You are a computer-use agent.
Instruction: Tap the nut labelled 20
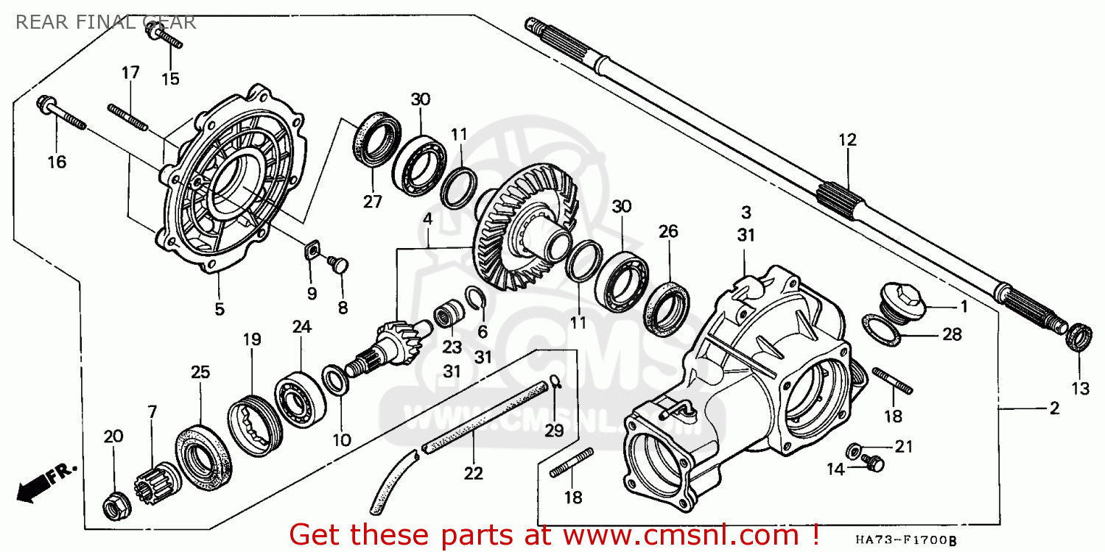[x=116, y=503]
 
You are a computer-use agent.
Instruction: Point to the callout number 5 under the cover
[x=220, y=309]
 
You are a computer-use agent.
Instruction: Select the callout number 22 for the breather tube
[x=473, y=473]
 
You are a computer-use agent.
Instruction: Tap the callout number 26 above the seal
[x=668, y=231]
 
